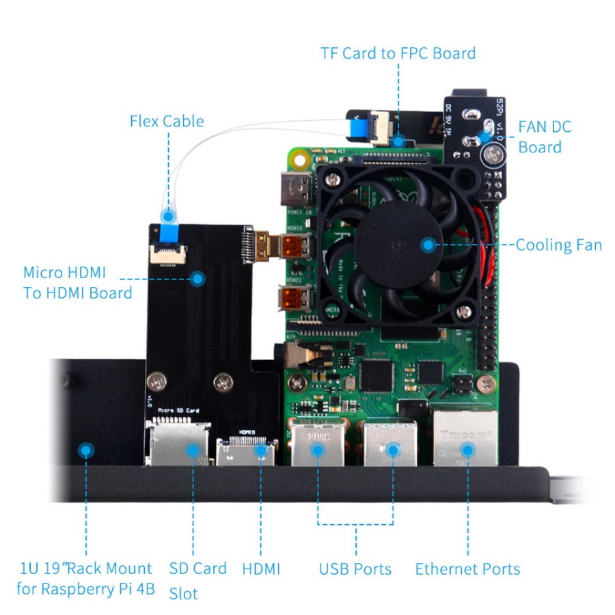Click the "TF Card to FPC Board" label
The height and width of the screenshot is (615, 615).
click(398, 53)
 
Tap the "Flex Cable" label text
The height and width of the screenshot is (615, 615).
click(167, 122)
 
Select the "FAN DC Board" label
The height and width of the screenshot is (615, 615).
click(544, 137)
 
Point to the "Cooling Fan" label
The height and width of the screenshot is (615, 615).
click(558, 245)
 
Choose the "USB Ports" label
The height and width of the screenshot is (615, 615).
click(355, 569)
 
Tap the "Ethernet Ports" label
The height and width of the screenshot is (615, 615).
click(467, 569)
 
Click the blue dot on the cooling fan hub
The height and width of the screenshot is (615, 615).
click(428, 245)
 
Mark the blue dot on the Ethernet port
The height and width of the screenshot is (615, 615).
click(467, 450)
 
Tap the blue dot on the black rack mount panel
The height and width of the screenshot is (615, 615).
click(85, 450)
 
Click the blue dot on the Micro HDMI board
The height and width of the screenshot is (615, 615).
click(198, 279)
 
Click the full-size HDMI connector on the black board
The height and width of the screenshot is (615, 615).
click(246, 451)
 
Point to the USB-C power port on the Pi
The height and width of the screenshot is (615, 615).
click(292, 190)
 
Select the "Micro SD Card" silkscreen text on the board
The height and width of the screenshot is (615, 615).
click(178, 411)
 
